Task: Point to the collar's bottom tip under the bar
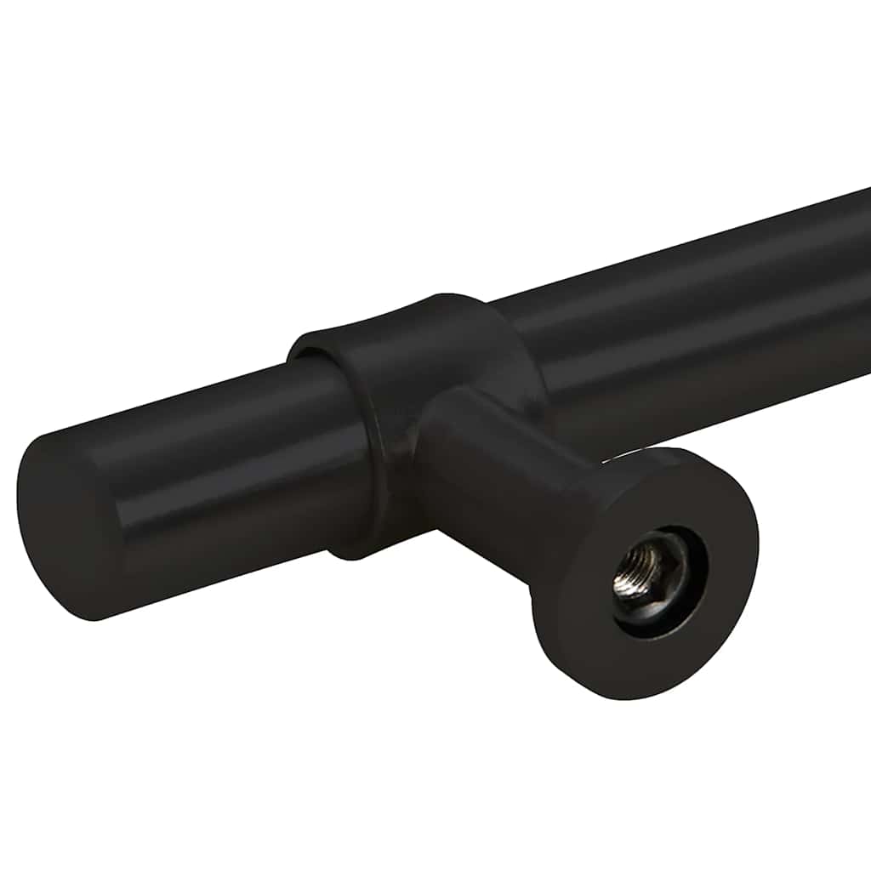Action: [357, 553]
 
